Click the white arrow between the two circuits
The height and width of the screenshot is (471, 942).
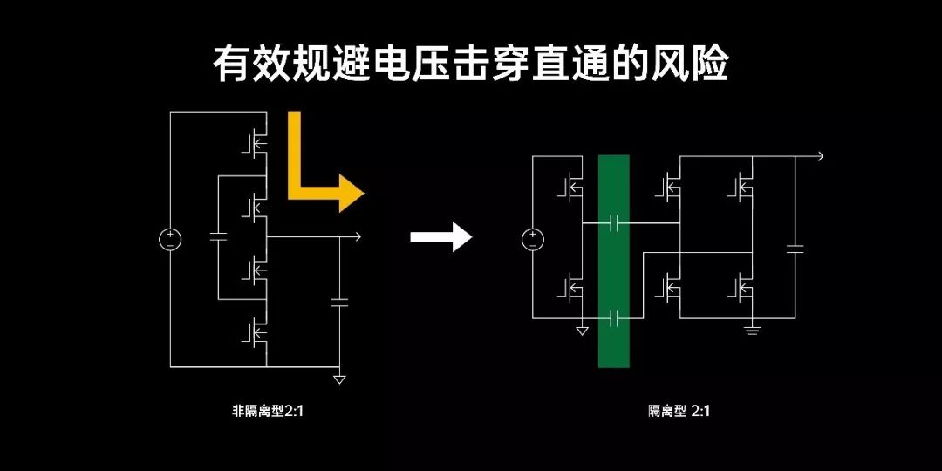click(441, 236)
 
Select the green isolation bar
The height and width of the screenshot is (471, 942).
click(613, 262)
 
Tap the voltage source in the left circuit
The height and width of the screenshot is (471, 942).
click(169, 238)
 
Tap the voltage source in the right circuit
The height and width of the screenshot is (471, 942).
click(532, 238)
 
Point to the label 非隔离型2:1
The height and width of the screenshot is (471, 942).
click(267, 411)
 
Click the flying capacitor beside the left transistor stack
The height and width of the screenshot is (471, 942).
click(218, 236)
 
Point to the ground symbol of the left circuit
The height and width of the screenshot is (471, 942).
click(339, 379)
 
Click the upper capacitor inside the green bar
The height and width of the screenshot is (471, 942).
click(613, 223)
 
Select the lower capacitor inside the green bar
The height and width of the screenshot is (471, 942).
click(613, 318)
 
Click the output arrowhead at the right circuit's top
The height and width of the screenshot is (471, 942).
click(818, 156)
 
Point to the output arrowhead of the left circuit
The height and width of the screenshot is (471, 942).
click(357, 236)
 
